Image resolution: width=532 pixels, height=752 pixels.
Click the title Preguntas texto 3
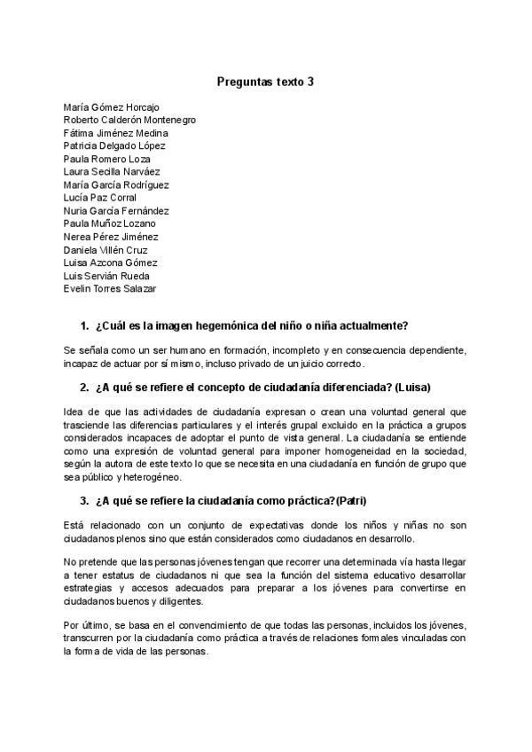[265, 82]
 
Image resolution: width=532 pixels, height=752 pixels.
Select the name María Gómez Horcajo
[112, 106]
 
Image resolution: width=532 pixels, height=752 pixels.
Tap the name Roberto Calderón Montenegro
[129, 120]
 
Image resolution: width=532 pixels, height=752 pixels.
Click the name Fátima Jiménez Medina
[115, 133]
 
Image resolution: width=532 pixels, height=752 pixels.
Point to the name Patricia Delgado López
[114, 145]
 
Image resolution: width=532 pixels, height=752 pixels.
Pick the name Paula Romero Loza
[106, 159]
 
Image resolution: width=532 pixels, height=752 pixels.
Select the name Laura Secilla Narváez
[112, 172]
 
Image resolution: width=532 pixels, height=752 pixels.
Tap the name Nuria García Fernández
[116, 211]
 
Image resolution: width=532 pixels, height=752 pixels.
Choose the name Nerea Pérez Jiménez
[111, 237]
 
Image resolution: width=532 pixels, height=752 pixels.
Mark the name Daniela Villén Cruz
[106, 250]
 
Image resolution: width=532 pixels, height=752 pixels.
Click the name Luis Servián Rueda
[106, 276]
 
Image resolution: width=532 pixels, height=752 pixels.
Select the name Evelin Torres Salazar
[110, 289]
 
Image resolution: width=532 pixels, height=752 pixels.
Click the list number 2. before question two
[84, 388]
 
